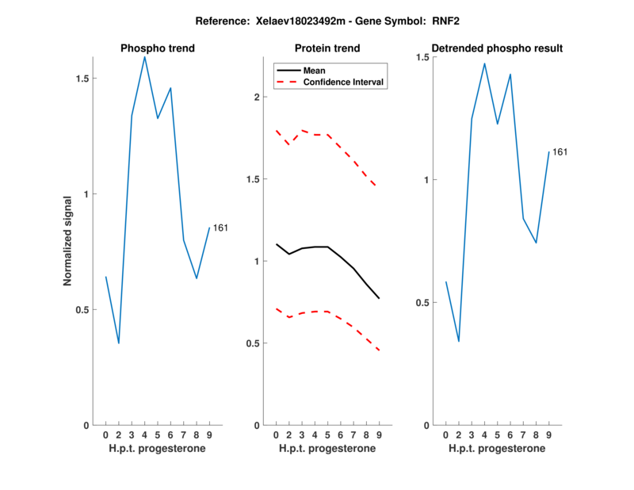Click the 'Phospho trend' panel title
click(x=157, y=48)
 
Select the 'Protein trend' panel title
click(x=327, y=48)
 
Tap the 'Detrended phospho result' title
click(x=497, y=48)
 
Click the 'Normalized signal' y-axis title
click(x=68, y=241)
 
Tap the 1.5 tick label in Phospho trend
click(x=85, y=78)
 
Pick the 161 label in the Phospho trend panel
click(x=220, y=228)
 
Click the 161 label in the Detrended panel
click(x=560, y=151)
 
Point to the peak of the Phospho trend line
click(x=144, y=57)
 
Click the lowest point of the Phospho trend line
click(x=119, y=343)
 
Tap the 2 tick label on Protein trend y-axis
click(x=257, y=97)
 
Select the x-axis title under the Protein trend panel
click(x=327, y=449)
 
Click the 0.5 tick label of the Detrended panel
click(x=425, y=302)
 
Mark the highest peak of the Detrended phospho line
click(x=484, y=63)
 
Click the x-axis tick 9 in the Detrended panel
click(x=548, y=435)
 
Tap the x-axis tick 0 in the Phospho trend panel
click(x=105, y=435)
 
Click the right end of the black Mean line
click(x=380, y=298)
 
